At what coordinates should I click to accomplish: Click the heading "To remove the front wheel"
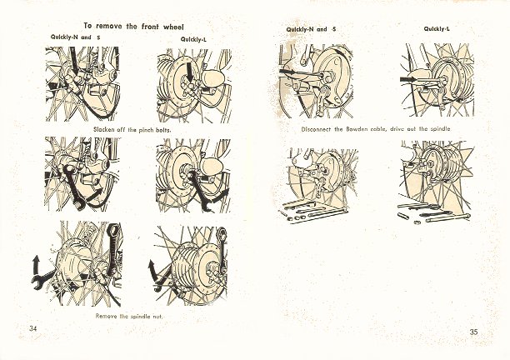click(x=133, y=27)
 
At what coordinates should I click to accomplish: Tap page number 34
click(x=32, y=328)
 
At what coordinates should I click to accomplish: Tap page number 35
click(x=473, y=332)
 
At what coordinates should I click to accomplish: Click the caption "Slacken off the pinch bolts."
click(x=132, y=130)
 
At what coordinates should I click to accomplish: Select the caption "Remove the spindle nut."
click(x=129, y=316)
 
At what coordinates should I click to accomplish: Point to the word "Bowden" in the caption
click(x=357, y=129)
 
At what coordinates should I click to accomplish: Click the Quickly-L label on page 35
click(x=437, y=29)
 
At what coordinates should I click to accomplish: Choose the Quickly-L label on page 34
click(x=193, y=40)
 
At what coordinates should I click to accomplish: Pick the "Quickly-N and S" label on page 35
click(x=311, y=29)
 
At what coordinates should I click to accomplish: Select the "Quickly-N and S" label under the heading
click(x=76, y=37)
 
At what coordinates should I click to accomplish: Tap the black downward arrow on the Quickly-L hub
click(x=190, y=72)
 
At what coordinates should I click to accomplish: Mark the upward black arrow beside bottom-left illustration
click(x=36, y=264)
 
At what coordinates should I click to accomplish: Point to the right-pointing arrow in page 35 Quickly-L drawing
click(x=408, y=79)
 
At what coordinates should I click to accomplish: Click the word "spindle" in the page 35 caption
click(x=441, y=129)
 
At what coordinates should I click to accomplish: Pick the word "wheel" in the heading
click(x=173, y=27)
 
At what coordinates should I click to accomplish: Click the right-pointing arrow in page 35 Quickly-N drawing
click(x=288, y=72)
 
